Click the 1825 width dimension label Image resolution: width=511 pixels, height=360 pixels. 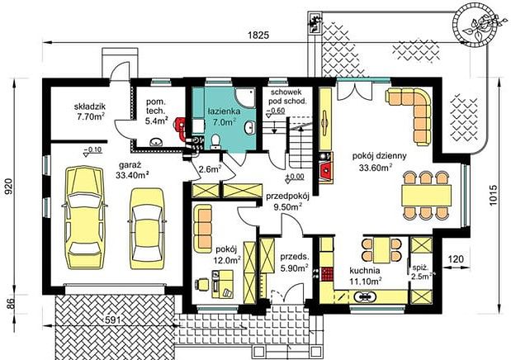[258, 36]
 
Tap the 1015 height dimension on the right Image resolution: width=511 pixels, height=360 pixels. [494, 195]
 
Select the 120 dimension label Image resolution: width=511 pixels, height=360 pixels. [456, 259]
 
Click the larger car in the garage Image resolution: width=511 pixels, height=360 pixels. [84, 217]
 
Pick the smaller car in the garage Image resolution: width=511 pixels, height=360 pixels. [147, 229]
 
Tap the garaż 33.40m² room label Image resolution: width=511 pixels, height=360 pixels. [130, 171]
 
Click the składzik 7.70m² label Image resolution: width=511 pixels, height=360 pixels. [90, 111]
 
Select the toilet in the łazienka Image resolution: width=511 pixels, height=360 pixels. [215, 143]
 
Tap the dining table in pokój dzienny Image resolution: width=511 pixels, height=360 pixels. [426, 196]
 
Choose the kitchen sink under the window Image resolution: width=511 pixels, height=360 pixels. [365, 296]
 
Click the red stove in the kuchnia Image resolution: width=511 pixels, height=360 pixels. [327, 274]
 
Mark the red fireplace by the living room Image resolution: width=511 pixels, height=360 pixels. [325, 170]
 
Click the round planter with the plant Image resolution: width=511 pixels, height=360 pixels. [476, 24]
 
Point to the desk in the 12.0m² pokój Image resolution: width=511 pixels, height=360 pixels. [222, 284]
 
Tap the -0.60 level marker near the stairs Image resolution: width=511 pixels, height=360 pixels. [276, 111]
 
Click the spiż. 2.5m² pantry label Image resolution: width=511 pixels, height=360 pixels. [421, 272]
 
